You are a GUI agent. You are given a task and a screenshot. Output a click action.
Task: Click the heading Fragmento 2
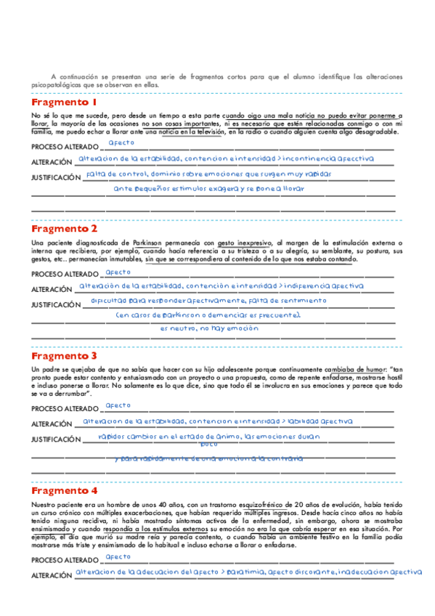click(x=65, y=228)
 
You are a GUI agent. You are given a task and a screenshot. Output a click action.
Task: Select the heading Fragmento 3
click(x=65, y=357)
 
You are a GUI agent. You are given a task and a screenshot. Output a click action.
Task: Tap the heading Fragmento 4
click(x=65, y=490)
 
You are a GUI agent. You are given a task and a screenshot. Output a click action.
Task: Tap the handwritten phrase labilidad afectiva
click(x=315, y=421)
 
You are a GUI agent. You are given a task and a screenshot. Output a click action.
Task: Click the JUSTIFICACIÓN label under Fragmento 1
click(x=56, y=177)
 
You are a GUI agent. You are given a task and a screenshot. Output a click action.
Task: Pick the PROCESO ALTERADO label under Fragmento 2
click(x=64, y=275)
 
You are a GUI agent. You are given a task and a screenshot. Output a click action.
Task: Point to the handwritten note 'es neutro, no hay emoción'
click(x=209, y=328)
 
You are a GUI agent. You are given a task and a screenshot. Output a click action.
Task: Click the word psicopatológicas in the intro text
click(x=53, y=85)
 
